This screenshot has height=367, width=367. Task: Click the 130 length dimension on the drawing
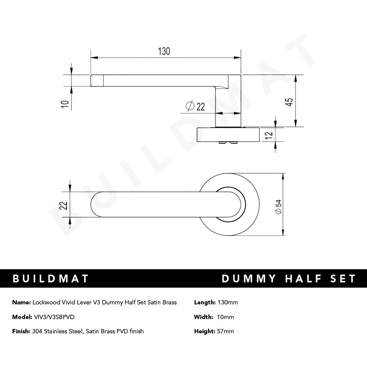[x=164, y=51]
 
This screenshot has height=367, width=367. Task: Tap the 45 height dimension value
[x=290, y=101]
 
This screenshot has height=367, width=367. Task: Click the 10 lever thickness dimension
[x=65, y=104]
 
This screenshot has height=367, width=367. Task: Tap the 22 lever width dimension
[x=63, y=206]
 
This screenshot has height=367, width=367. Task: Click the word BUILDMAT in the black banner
[x=51, y=278]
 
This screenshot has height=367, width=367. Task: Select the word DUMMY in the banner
[x=249, y=278]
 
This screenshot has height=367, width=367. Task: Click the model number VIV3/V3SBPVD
[x=54, y=317]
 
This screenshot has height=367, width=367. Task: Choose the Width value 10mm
[x=226, y=317]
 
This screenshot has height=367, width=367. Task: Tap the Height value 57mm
[x=227, y=331]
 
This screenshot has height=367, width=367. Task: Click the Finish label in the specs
[x=21, y=331]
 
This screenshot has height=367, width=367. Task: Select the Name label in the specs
[x=21, y=302]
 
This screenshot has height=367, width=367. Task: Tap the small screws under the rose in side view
[x=229, y=142]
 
